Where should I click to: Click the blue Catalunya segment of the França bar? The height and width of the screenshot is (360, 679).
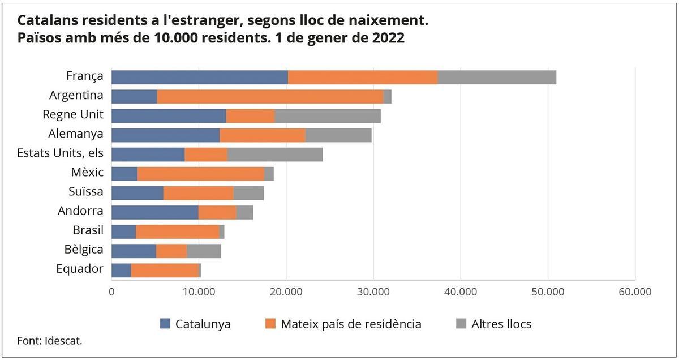pos(200,78)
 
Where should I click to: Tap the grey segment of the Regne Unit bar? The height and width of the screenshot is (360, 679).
pos(328,115)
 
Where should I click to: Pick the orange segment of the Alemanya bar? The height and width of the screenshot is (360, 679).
pos(263,135)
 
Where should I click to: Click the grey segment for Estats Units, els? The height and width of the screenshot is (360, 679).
pos(275,154)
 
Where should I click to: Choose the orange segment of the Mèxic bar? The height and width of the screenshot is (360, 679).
pos(201,174)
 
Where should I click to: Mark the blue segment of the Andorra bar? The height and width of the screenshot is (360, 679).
pos(155,212)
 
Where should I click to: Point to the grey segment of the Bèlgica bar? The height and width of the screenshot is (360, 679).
pos(204,251)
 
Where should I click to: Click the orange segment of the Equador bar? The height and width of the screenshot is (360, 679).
pos(165,270)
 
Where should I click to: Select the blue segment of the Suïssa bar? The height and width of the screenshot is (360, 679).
pos(137,193)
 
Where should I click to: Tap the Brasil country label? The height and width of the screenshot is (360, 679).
pos(88,230)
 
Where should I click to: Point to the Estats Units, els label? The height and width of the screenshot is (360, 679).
pos(60,153)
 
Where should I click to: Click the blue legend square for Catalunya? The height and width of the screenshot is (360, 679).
pos(165,324)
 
